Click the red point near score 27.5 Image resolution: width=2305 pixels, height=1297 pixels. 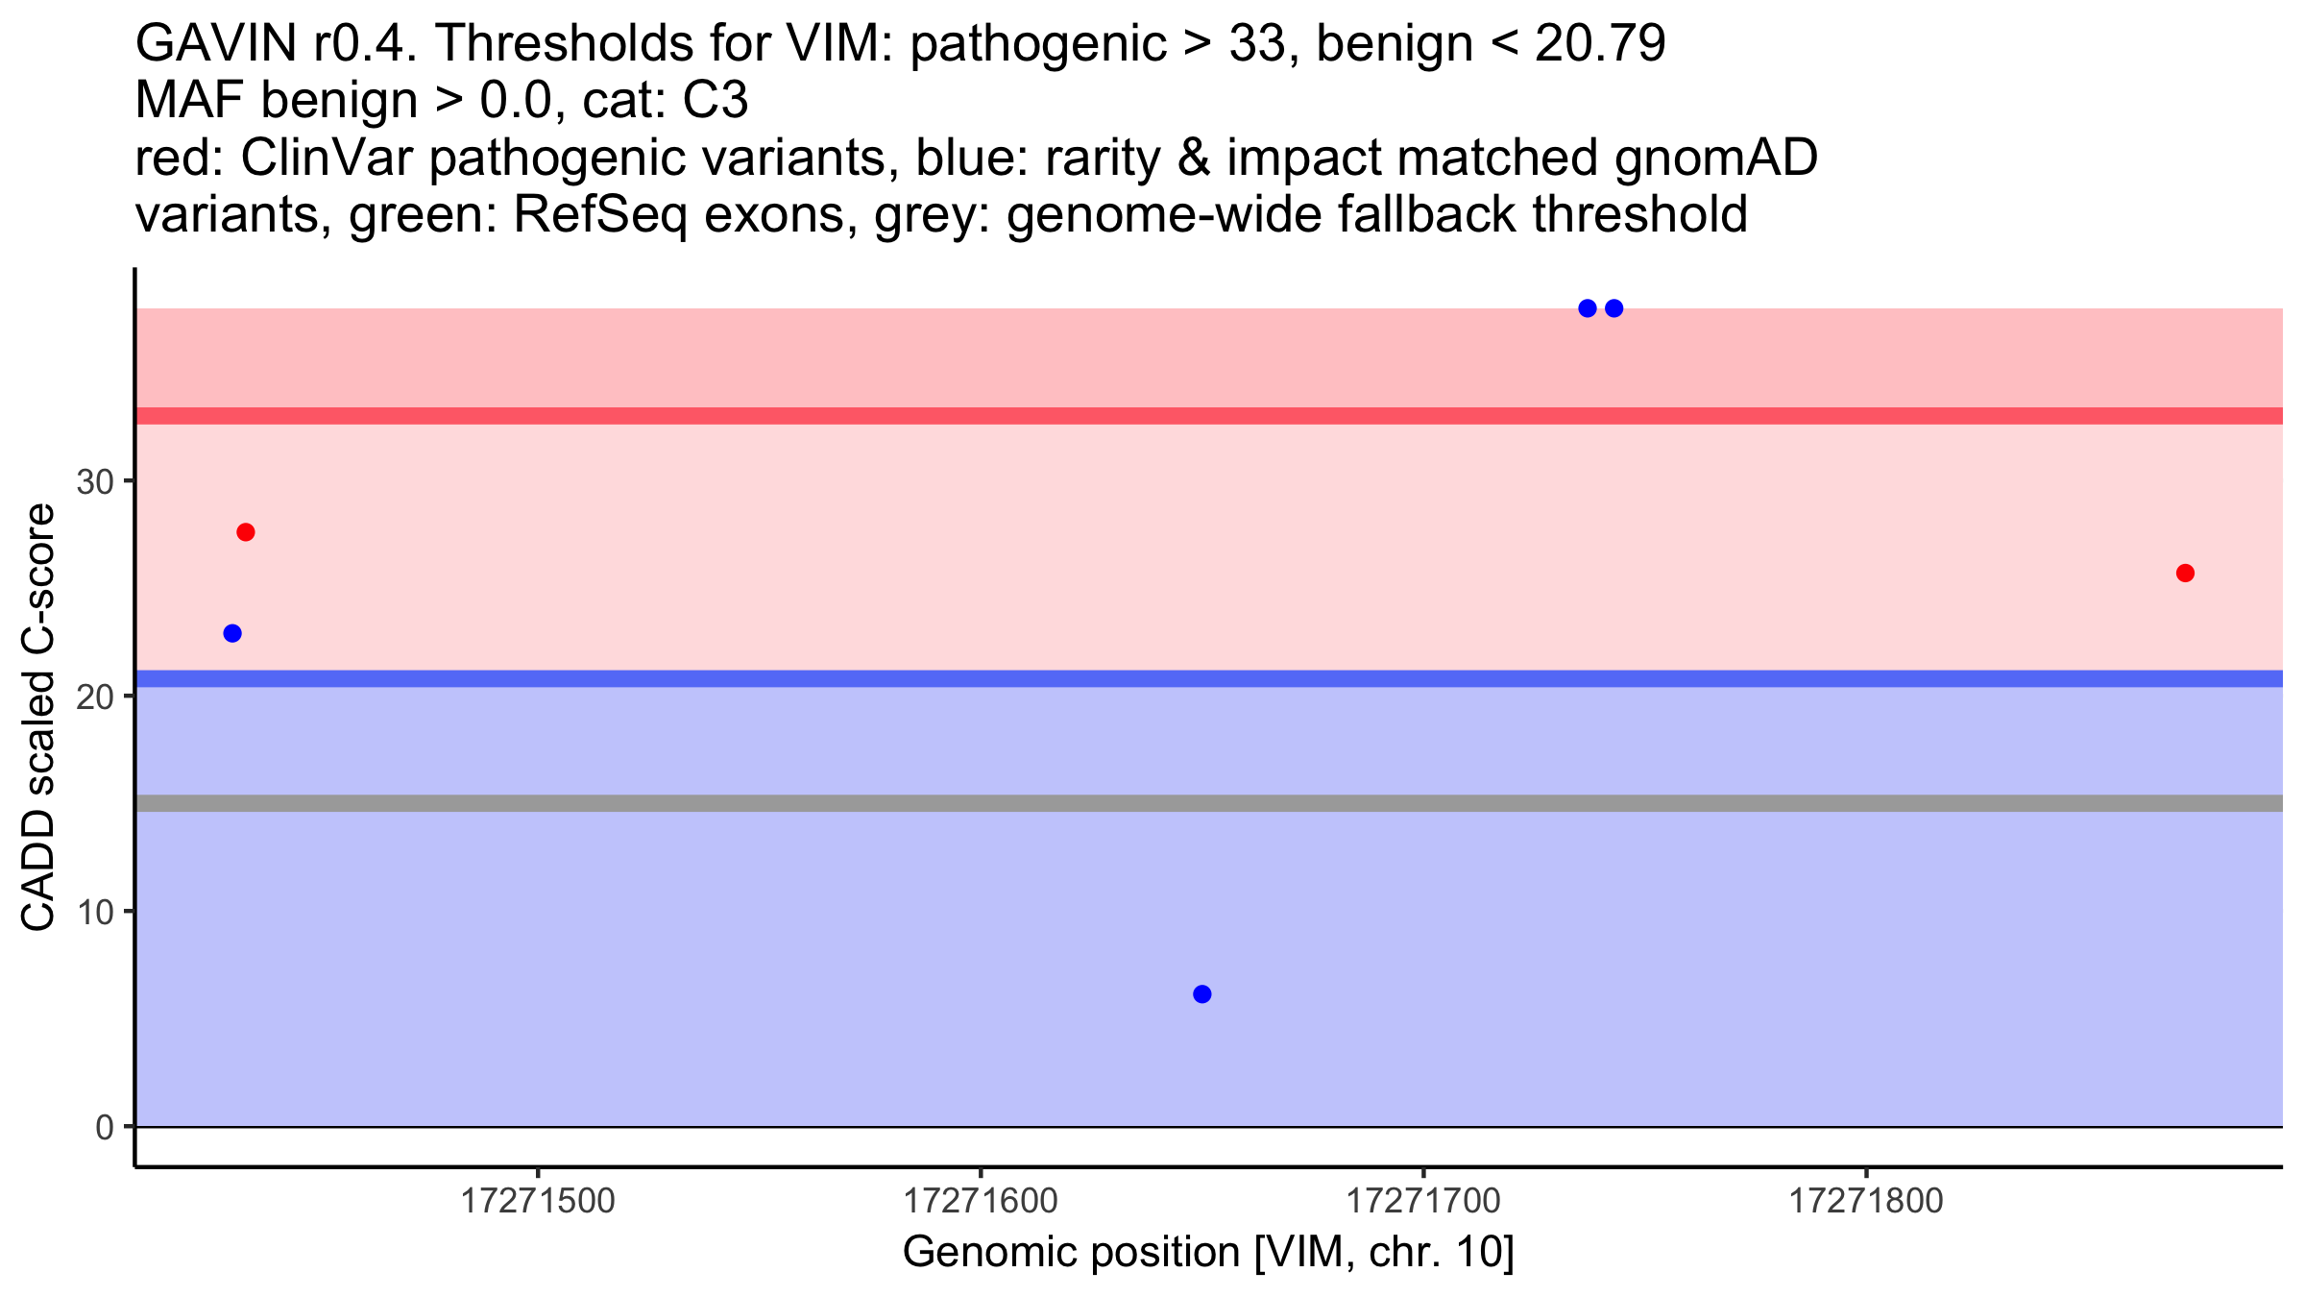(246, 532)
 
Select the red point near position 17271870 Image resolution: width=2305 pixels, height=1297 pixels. (2185, 574)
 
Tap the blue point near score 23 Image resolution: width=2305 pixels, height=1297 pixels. (232, 633)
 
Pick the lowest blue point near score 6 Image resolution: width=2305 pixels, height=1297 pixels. (1202, 994)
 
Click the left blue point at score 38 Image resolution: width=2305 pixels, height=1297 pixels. (1588, 308)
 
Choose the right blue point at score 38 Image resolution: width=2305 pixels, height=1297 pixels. (1614, 308)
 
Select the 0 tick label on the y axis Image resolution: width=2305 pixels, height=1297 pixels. (105, 1128)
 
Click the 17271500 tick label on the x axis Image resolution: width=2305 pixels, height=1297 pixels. (538, 1202)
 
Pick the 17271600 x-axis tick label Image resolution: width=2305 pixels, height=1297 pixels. (981, 1202)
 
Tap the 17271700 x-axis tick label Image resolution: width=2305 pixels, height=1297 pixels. (1423, 1202)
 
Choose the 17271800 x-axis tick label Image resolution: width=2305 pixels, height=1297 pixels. (1866, 1202)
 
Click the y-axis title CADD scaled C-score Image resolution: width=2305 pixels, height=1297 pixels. (38, 718)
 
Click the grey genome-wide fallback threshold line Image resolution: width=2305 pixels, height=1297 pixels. (1208, 803)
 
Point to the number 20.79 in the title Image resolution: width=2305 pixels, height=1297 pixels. (1600, 44)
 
